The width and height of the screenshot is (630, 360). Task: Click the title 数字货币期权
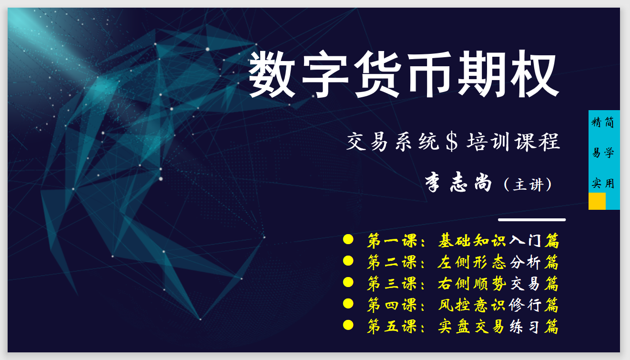(403, 75)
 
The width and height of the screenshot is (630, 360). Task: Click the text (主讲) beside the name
(528, 185)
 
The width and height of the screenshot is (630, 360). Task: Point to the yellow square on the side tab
(597, 201)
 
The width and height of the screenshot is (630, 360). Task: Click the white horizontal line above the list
(532, 220)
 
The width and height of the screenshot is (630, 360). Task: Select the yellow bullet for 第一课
(348, 239)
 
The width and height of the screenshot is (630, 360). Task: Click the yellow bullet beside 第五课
(348, 325)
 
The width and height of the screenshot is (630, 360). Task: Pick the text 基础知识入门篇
(498, 241)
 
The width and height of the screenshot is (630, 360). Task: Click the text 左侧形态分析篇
(498, 262)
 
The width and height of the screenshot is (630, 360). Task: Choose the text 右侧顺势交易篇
(498, 284)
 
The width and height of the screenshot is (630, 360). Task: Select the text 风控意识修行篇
(498, 305)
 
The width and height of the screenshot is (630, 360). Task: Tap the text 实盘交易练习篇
(498, 327)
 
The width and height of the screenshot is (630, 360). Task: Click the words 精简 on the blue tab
(603, 123)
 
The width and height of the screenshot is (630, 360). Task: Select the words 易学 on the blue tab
(603, 153)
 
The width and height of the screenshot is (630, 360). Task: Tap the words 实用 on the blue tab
(603, 183)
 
